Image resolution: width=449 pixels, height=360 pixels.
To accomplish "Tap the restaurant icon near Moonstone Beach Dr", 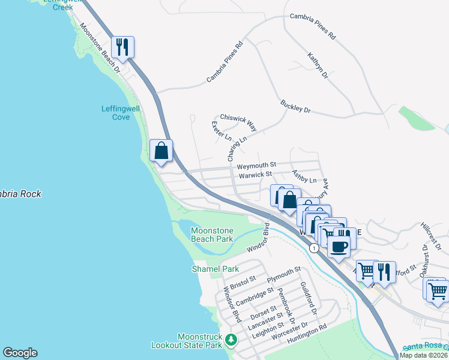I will click(123, 47).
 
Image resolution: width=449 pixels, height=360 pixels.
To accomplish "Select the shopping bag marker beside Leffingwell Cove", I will click(161, 150).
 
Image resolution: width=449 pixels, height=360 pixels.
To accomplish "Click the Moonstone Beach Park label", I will click(212, 235).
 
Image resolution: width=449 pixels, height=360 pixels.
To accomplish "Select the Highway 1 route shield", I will click(313, 247).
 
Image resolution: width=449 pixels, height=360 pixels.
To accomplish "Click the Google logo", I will click(20, 353).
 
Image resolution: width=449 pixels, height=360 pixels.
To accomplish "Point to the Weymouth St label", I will click(256, 164).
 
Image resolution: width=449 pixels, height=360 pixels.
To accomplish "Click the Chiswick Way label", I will click(238, 122).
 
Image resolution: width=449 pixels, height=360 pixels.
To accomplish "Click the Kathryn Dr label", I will click(318, 66).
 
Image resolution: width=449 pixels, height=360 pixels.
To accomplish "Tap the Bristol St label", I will click(243, 279).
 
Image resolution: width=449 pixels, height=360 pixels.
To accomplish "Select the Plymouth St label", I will click(283, 275).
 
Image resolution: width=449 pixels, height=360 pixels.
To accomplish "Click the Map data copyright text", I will click(424, 355).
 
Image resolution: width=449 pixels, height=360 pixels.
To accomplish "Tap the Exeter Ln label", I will click(221, 130).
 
